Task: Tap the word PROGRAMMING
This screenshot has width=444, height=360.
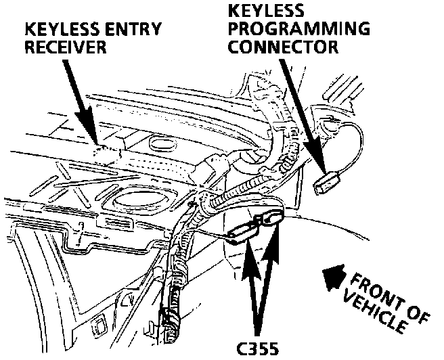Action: click(298, 30)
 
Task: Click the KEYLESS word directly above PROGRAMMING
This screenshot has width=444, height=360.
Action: click(265, 12)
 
